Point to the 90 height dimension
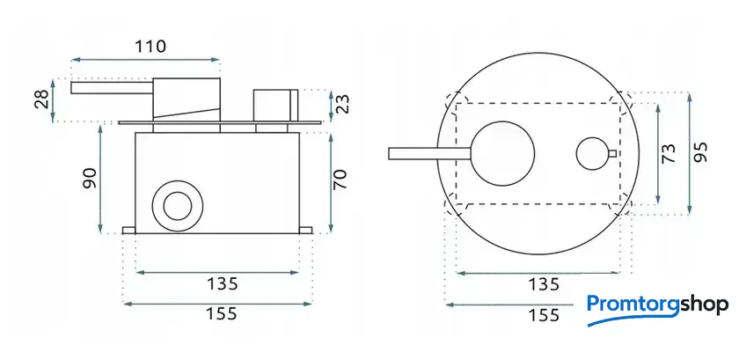88,177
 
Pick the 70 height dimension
341,179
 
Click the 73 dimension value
669,155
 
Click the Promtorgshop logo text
657,305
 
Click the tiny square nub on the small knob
611,154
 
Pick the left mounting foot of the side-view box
129,231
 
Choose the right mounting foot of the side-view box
306,231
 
